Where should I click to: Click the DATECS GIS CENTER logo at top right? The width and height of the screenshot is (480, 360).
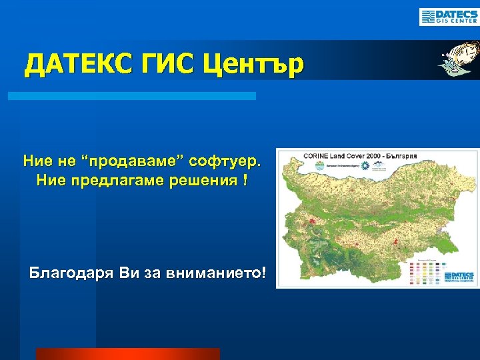(x=448, y=17)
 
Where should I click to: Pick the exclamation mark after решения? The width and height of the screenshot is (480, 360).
(x=245, y=181)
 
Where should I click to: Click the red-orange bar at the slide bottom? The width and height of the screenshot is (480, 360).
(x=127, y=354)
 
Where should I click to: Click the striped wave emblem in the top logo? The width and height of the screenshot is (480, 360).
(x=427, y=17)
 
